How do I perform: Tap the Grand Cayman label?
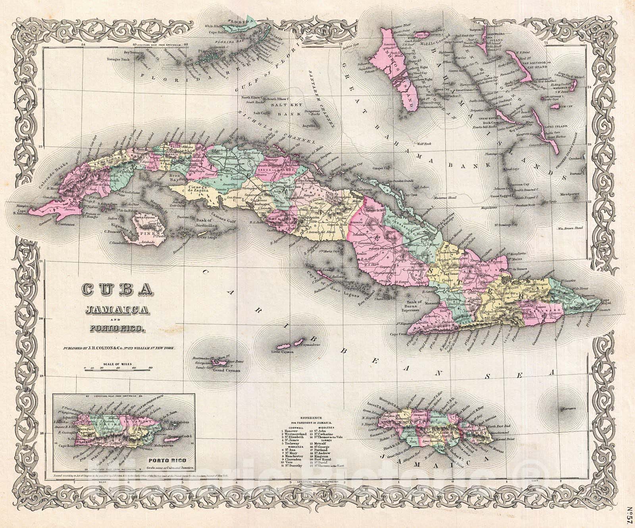point(227,371)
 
